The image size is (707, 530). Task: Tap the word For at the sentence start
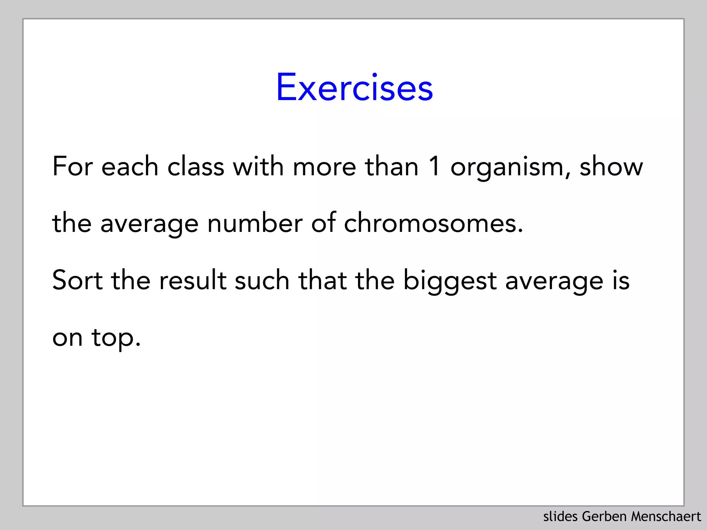tap(72, 166)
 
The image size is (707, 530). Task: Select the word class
tap(196, 166)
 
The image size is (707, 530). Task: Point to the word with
tap(258, 166)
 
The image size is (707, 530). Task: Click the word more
tap(324, 167)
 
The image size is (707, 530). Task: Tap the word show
tap(611, 167)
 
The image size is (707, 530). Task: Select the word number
tap(255, 223)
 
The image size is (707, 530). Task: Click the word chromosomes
tap(433, 223)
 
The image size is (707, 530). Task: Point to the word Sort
tap(77, 280)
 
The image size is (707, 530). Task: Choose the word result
tap(193, 280)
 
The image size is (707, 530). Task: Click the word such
tap(262, 280)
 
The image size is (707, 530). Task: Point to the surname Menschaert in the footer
tap(666, 517)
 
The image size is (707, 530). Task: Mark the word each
tap(130, 166)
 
